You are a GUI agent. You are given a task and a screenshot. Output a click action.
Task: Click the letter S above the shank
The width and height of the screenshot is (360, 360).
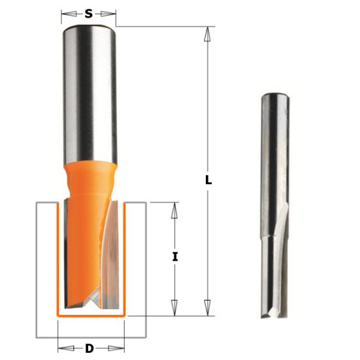pyautogui.click(x=88, y=12)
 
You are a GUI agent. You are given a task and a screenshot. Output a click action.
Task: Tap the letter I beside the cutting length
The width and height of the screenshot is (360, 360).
pyautogui.click(x=174, y=257)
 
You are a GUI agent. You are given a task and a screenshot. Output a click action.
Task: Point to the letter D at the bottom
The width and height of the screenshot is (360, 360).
pyautogui.click(x=89, y=348)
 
